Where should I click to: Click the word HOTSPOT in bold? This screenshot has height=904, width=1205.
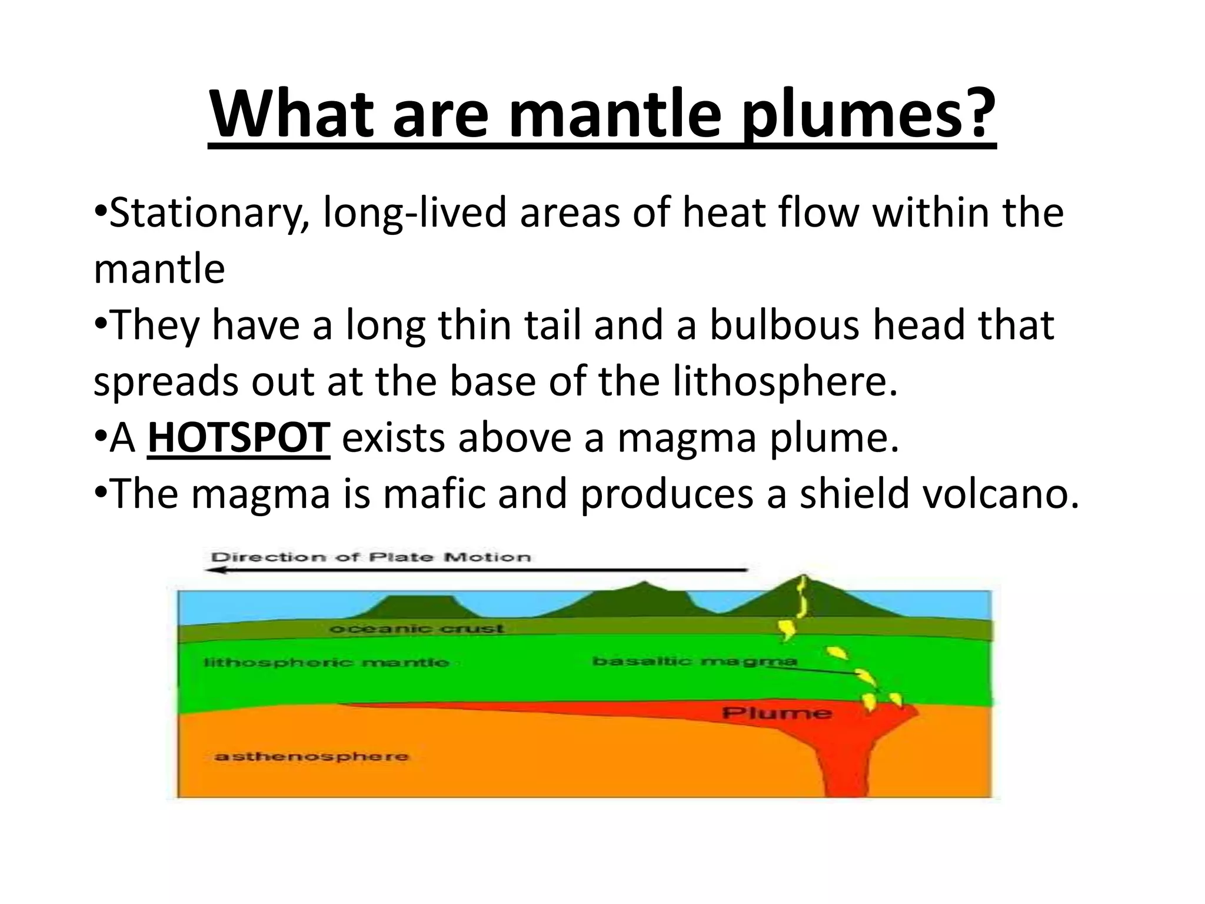coord(238,438)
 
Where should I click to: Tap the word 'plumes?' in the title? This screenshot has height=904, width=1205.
coord(868,115)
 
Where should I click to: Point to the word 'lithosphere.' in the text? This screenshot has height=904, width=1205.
coord(785,381)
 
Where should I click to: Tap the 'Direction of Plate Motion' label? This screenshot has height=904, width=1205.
coord(371,557)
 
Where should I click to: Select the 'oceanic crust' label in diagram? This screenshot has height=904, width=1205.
coord(417,629)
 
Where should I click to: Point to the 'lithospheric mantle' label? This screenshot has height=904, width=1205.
coord(326,663)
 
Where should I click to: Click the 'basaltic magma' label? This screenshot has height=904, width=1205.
coord(694,661)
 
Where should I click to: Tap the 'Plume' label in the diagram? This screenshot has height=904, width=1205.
coord(777,713)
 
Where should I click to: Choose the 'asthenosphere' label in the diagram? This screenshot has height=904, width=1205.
coord(311,756)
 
